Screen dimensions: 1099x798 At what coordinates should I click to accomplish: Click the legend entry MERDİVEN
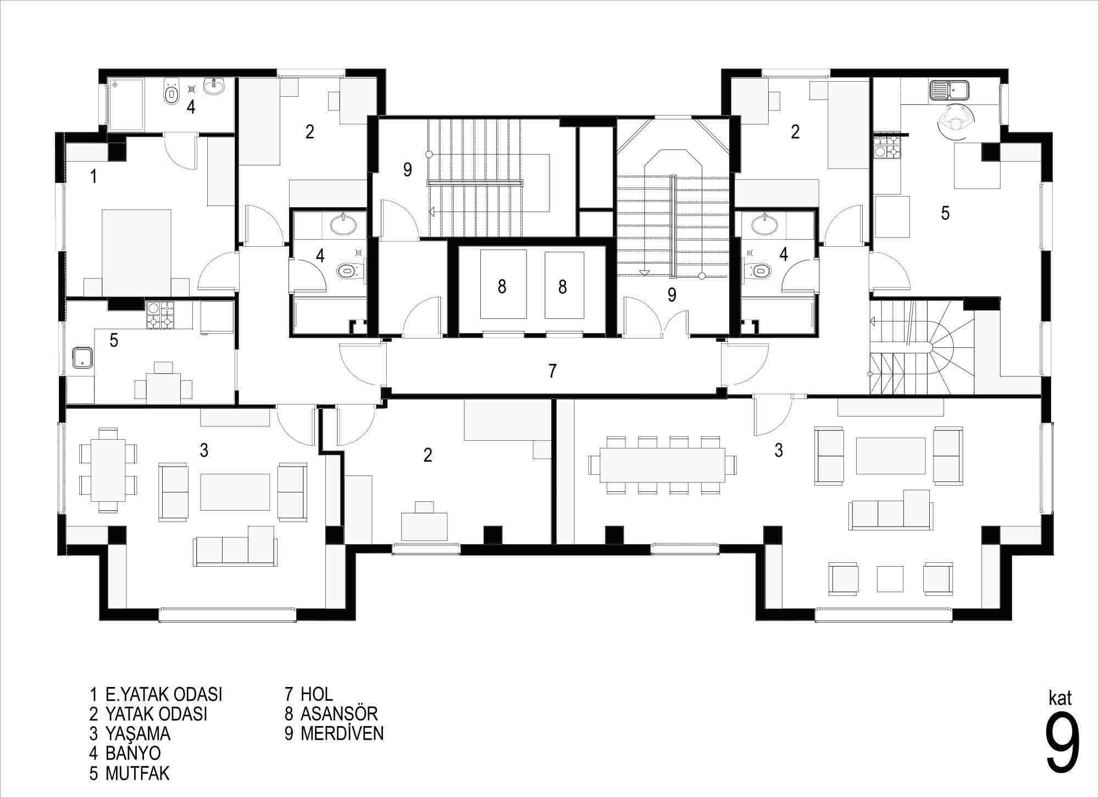(342, 733)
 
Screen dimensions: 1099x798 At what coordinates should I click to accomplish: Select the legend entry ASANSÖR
(339, 713)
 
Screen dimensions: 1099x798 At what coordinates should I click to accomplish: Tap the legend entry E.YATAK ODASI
(164, 694)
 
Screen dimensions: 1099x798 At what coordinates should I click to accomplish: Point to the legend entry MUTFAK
(137, 773)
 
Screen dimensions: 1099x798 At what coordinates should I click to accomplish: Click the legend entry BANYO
(133, 752)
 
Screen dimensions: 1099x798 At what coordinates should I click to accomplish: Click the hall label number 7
(552, 371)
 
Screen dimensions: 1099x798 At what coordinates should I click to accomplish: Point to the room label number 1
(94, 176)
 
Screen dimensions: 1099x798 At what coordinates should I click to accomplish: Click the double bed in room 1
(136, 252)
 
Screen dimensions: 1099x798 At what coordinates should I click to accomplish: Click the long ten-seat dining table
(663, 465)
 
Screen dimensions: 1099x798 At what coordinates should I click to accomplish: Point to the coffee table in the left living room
(235, 492)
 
